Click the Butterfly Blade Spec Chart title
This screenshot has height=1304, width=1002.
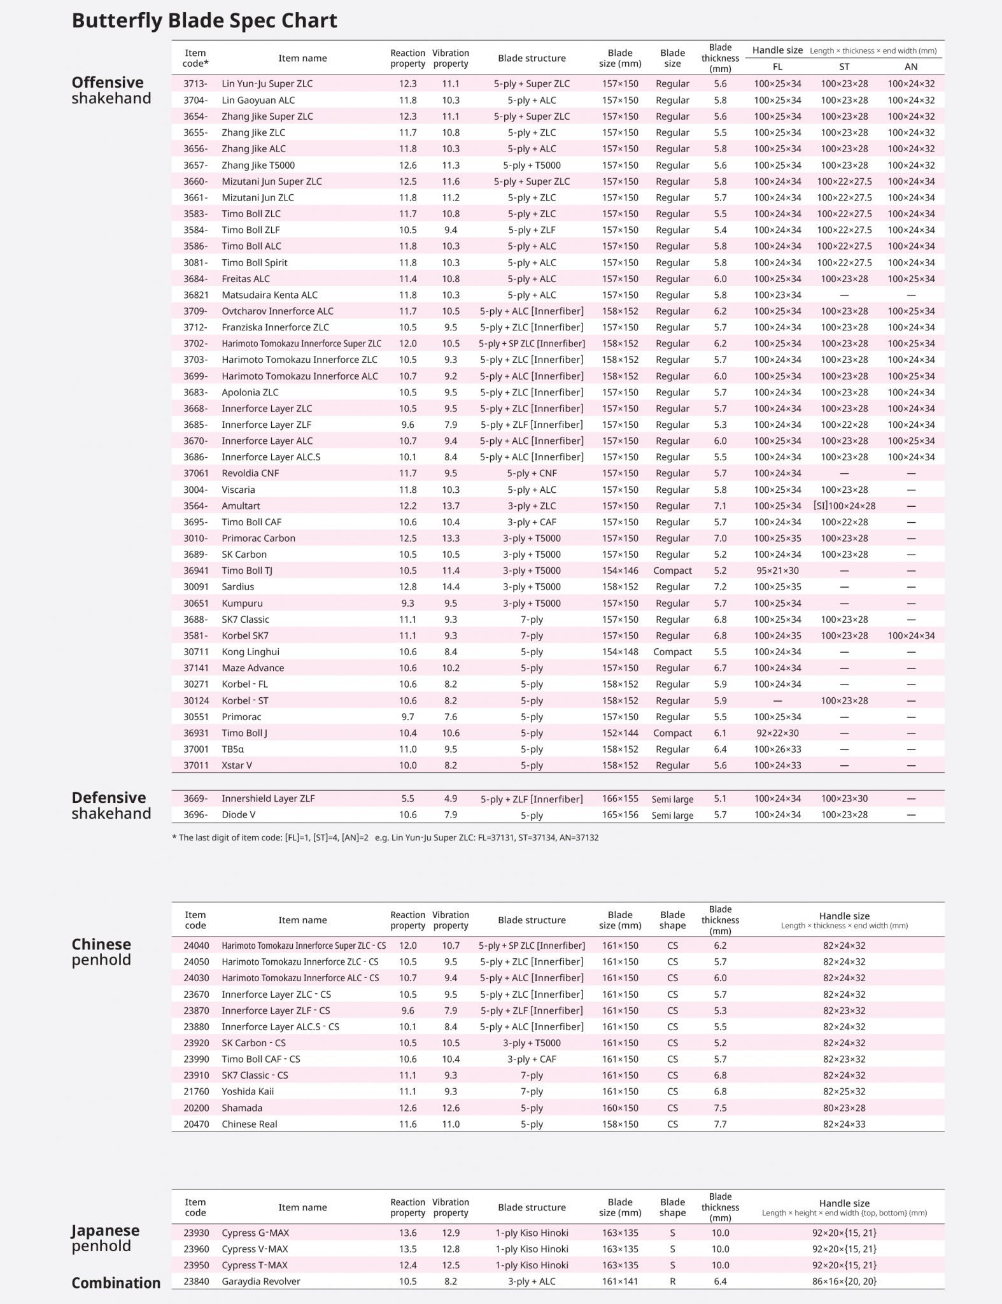click(204, 21)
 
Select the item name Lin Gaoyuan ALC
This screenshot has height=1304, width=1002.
click(258, 100)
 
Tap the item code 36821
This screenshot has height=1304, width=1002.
click(196, 295)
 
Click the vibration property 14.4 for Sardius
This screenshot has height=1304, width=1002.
click(451, 587)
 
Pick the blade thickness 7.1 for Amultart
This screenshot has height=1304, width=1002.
click(720, 506)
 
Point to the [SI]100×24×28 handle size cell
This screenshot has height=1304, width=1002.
click(844, 506)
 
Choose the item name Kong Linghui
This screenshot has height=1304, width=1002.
click(250, 652)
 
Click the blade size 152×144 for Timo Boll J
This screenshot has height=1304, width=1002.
click(620, 733)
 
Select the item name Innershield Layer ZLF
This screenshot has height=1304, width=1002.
click(268, 798)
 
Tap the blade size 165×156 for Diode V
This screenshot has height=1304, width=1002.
click(620, 815)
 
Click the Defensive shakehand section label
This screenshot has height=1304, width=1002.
click(111, 805)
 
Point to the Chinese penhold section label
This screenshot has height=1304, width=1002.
click(101, 952)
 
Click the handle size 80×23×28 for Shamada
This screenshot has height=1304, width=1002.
click(844, 1108)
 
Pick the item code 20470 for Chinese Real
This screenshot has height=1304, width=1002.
click(196, 1124)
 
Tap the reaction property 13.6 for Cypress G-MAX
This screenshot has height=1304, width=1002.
click(407, 1233)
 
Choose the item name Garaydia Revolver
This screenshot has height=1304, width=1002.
click(260, 1281)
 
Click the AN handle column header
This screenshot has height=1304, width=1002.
click(911, 67)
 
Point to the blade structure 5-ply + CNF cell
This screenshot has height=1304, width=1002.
click(532, 473)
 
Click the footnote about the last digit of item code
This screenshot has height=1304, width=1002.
click(385, 838)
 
